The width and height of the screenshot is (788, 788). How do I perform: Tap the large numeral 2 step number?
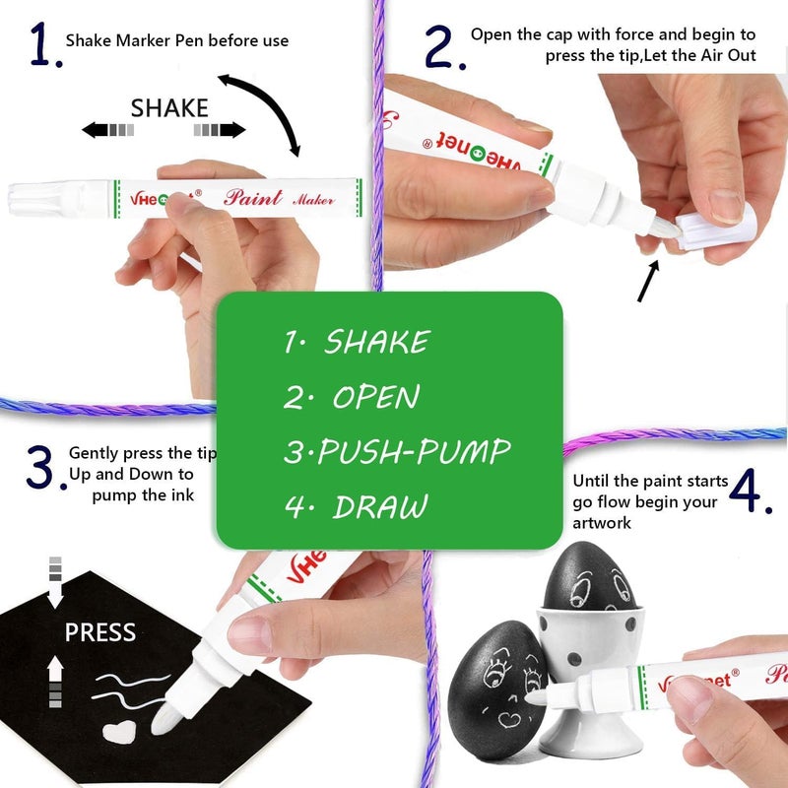click(438, 46)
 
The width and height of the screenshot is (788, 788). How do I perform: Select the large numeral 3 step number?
click(40, 467)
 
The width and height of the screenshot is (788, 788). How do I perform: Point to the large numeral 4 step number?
click(747, 490)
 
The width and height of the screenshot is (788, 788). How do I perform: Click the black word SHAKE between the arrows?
click(169, 108)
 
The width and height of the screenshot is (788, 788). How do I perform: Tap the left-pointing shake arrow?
click(108, 130)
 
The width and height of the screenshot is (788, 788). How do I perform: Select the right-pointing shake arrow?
click(220, 130)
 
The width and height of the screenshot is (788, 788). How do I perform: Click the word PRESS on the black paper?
click(100, 632)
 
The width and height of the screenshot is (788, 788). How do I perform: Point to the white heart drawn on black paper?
click(119, 732)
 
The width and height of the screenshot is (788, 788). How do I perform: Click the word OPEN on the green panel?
click(376, 397)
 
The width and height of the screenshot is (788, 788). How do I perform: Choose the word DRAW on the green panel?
click(380, 506)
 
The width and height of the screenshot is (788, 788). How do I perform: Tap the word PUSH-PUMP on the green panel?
click(415, 451)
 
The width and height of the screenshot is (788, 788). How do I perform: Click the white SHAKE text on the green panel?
click(377, 342)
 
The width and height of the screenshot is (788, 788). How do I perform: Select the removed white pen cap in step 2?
click(716, 228)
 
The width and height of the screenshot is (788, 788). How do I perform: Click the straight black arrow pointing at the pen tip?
click(648, 281)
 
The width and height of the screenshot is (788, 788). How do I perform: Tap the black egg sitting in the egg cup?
click(589, 577)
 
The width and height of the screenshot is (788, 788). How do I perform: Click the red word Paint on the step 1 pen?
click(252, 198)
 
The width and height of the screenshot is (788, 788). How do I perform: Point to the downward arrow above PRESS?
click(55, 582)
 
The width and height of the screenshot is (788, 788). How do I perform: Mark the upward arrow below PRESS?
click(55, 682)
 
